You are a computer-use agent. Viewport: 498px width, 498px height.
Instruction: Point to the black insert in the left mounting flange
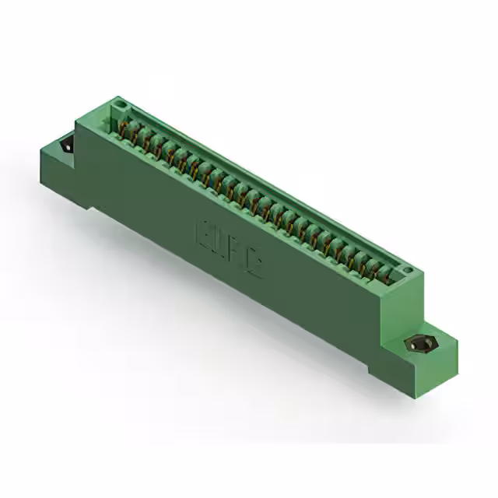pyautogui.click(x=66, y=145)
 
